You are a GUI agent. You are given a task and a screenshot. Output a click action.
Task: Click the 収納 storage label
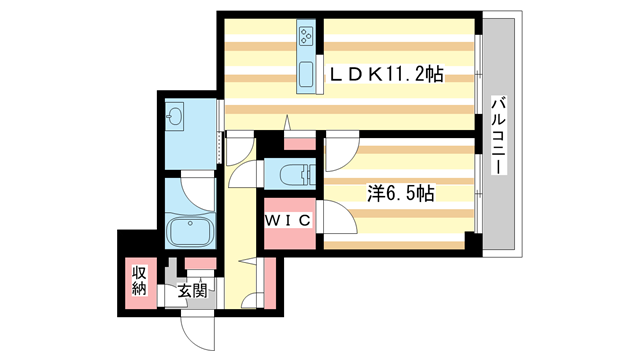(x=137, y=281)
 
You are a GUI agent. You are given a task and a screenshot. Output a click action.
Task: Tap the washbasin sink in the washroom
(x=176, y=117)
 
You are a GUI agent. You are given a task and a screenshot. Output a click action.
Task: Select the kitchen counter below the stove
(x=306, y=75)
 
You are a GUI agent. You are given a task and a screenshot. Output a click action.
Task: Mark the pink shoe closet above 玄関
(x=200, y=264)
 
